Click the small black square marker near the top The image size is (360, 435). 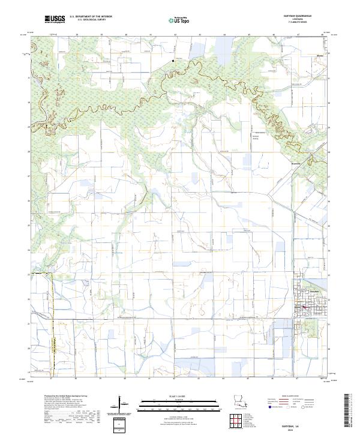point(173,61)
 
